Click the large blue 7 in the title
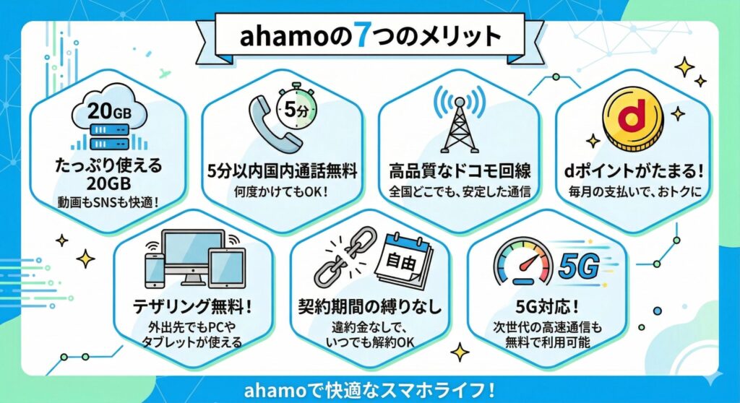[362, 35]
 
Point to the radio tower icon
[459, 119]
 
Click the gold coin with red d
[633, 119]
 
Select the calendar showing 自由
[404, 261]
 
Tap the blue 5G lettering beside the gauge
[579, 266]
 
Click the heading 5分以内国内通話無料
[283, 171]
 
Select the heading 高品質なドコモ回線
[460, 171]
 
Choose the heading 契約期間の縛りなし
[370, 307]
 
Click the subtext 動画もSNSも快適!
[108, 202]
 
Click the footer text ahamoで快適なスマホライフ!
[369, 391]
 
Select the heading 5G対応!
[547, 307]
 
